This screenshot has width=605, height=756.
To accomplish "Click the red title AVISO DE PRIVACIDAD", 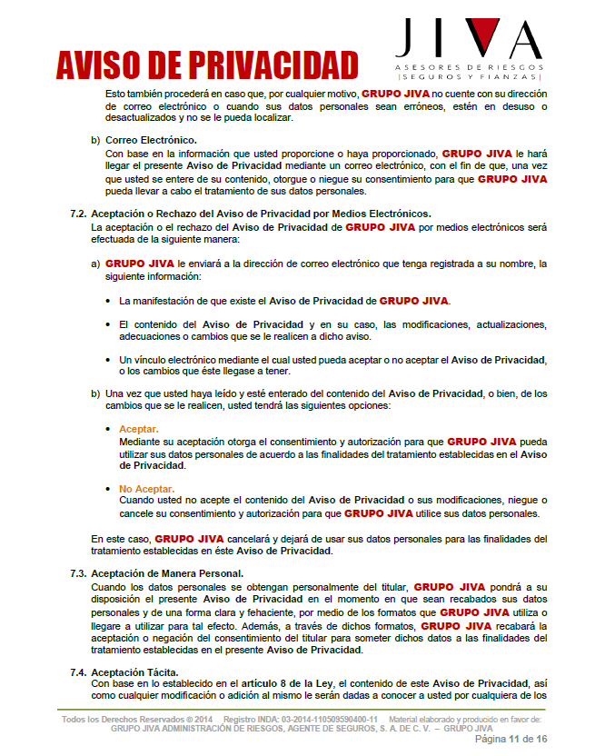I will [x=207, y=65].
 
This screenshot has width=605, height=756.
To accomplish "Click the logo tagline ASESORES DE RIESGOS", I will [x=469, y=68].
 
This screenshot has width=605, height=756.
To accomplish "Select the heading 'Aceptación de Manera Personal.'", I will [x=167, y=574].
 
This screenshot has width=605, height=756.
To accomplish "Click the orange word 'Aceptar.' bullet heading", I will [x=139, y=429].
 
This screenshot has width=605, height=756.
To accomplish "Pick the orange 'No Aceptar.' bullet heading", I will [x=146, y=489].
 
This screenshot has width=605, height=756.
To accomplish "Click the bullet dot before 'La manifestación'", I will [x=109, y=301].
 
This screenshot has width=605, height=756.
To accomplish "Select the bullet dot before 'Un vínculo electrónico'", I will [x=109, y=360].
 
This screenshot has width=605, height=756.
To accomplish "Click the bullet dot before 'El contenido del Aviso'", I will [x=109, y=324].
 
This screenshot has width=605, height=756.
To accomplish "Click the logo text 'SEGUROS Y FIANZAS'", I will [x=469, y=78].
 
